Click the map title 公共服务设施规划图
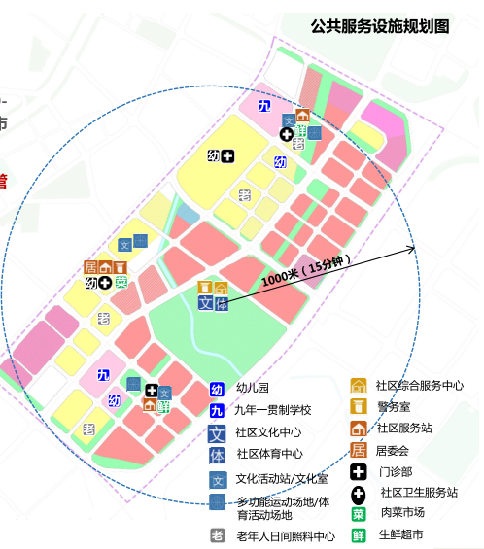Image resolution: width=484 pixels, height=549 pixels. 380,27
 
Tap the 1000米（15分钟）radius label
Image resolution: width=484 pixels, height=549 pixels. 310,272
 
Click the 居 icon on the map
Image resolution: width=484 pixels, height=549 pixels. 90,267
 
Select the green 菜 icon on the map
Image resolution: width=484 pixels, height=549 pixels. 121,283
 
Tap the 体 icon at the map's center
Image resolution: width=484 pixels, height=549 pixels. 222,303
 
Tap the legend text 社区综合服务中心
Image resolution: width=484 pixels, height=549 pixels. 420,386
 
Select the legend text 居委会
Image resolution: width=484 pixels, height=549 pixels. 394,450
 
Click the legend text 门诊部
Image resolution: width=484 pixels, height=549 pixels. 395,471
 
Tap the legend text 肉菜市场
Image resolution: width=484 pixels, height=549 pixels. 401,513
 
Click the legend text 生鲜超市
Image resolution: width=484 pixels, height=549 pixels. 401,534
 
